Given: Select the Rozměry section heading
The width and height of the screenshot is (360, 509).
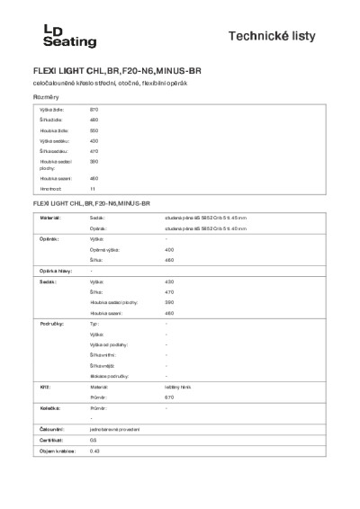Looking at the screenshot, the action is [x=46, y=95].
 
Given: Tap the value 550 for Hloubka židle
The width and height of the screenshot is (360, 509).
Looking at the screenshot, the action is [x=94, y=130].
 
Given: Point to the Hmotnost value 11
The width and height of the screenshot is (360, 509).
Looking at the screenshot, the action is [x=92, y=190].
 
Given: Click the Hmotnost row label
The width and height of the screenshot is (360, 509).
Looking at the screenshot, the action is [x=49, y=190].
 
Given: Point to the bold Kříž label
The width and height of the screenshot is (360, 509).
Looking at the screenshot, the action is [x=43, y=386].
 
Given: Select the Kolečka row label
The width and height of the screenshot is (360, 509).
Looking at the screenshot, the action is [x=49, y=408].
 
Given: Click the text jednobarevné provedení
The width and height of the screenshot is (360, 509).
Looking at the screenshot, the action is [x=114, y=429].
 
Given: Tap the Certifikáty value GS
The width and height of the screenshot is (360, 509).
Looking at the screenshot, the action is [x=93, y=440].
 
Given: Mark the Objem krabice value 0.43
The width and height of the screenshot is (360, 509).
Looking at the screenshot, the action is [x=94, y=451].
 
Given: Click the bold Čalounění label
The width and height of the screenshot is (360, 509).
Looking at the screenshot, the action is [x=50, y=429].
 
